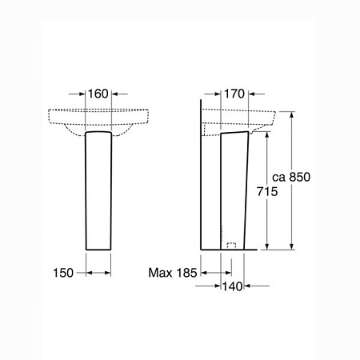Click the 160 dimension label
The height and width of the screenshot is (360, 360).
pyautogui.click(x=98, y=94)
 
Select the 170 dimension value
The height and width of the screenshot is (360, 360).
pyautogui.click(x=234, y=94)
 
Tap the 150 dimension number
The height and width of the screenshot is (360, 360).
pyautogui.click(x=63, y=273)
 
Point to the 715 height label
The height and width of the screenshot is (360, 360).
pyautogui.click(x=267, y=191)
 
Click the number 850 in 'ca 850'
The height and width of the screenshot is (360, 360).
pyautogui.click(x=300, y=177)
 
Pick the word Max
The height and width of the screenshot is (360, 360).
pyautogui.click(x=160, y=273)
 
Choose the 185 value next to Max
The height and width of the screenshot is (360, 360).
pyautogui.click(x=186, y=273)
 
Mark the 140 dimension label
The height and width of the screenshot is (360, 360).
pyautogui.click(x=233, y=286)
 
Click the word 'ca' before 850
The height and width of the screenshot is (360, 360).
pyautogui.click(x=279, y=178)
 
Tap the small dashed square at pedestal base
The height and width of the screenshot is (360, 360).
pyautogui.click(x=231, y=246)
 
